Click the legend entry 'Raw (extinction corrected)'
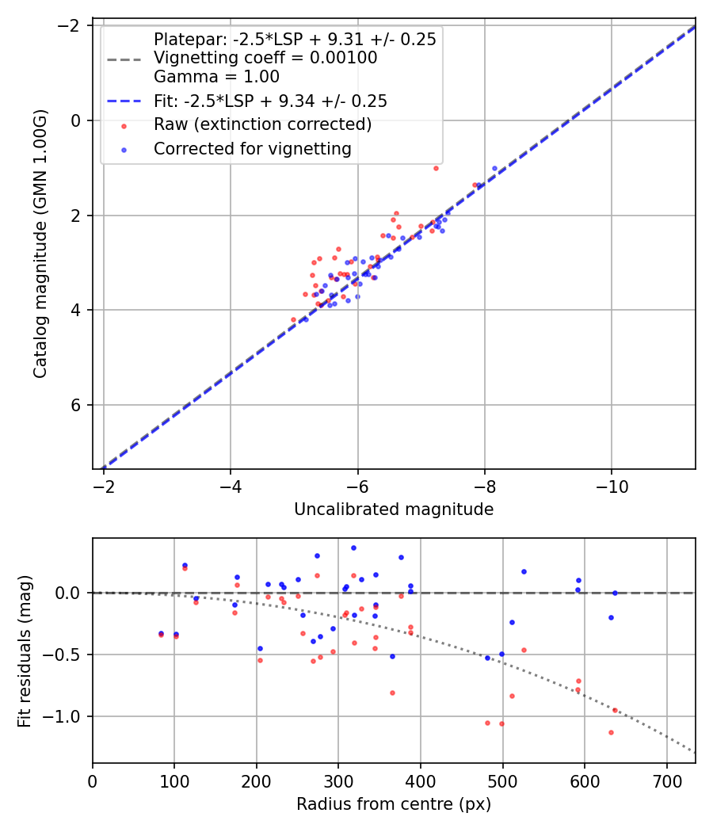pyautogui.click(x=262, y=124)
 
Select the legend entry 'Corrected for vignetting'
pyautogui.click(x=253, y=148)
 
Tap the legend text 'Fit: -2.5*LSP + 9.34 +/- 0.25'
pyautogui.click(x=270, y=101)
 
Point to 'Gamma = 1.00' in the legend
pyautogui.click(x=216, y=77)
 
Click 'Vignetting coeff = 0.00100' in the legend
pyautogui.click(x=265, y=58)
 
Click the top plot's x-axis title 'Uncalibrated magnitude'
pyautogui.click(x=394, y=510)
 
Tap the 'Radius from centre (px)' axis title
pyautogui.click(x=394, y=804)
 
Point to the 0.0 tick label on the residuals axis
pyautogui.click(x=70, y=593)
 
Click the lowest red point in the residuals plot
pyautogui.click(x=611, y=732)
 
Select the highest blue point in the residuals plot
pyautogui.click(x=353, y=548)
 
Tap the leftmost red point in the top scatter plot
pyautogui.click(x=293, y=319)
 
